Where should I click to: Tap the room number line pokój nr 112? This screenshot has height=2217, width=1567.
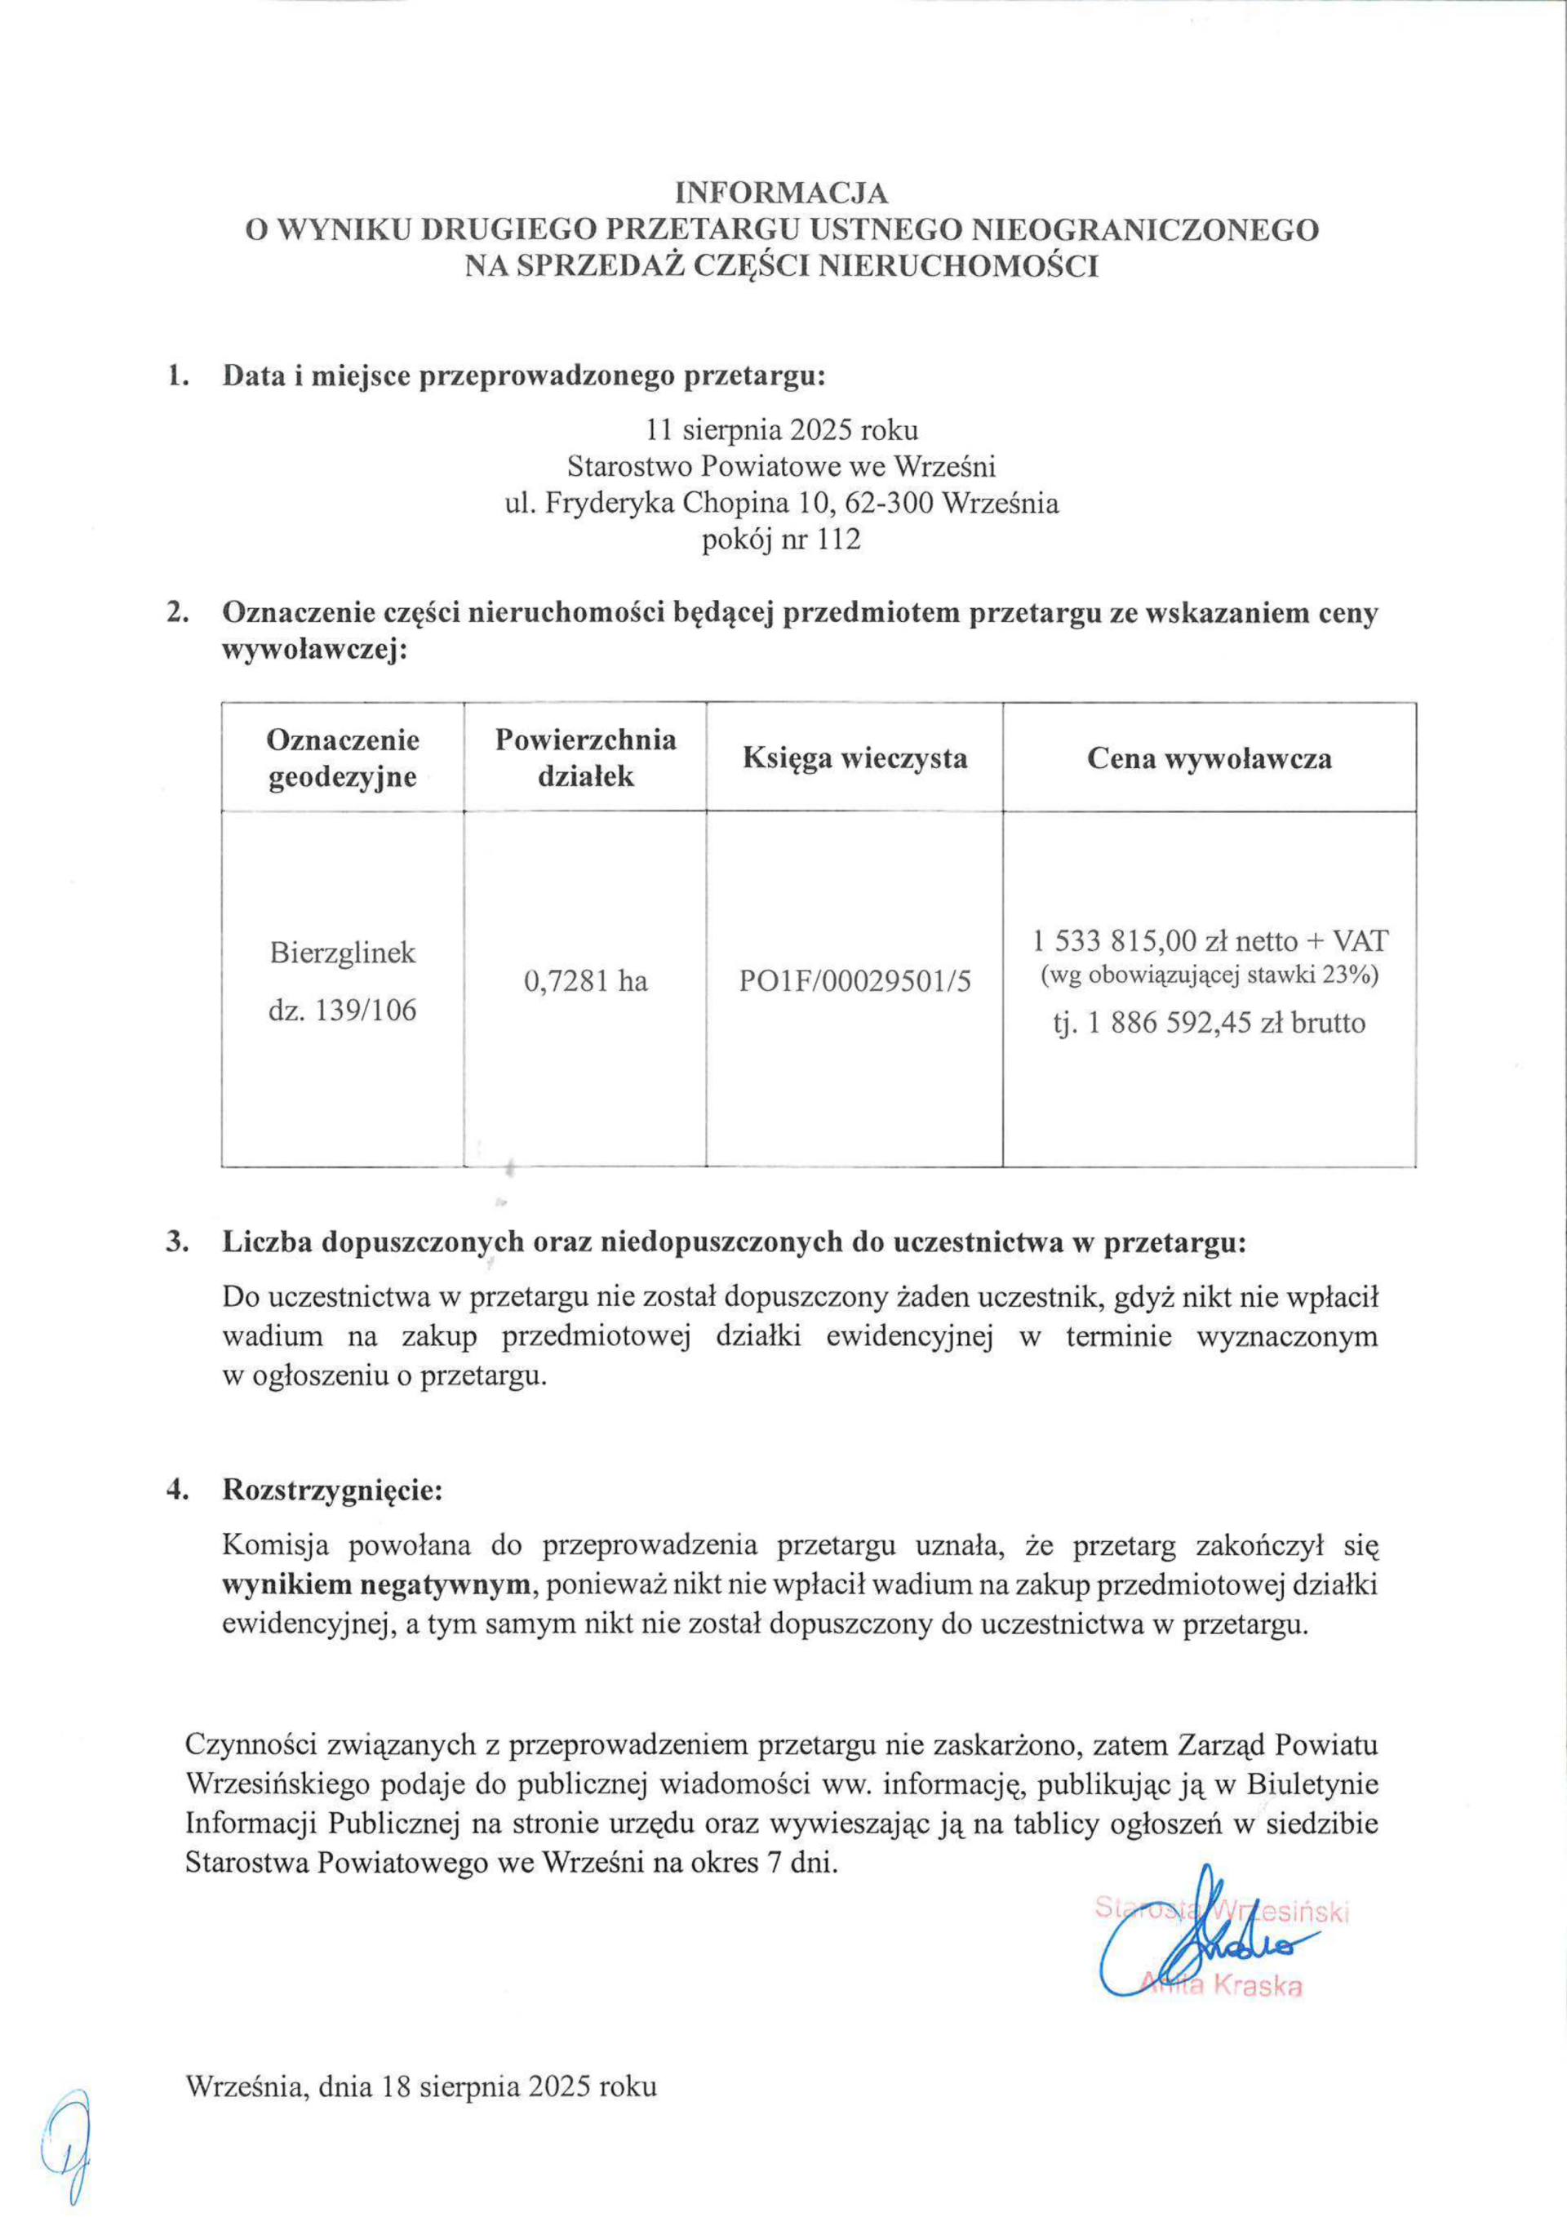coord(781,540)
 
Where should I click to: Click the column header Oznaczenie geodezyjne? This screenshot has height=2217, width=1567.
coord(343,758)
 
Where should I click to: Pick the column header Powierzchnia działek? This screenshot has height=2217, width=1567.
coord(585,758)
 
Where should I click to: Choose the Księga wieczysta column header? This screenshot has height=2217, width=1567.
coord(855,758)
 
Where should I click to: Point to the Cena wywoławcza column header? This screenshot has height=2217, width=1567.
coord(1209,758)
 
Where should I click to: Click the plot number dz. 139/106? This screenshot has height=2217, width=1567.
coord(343,1014)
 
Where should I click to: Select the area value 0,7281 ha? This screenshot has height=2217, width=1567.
coord(585,982)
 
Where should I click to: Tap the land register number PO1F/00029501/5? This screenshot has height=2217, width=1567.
coord(855,982)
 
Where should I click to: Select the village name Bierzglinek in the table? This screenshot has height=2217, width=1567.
coord(343,953)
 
